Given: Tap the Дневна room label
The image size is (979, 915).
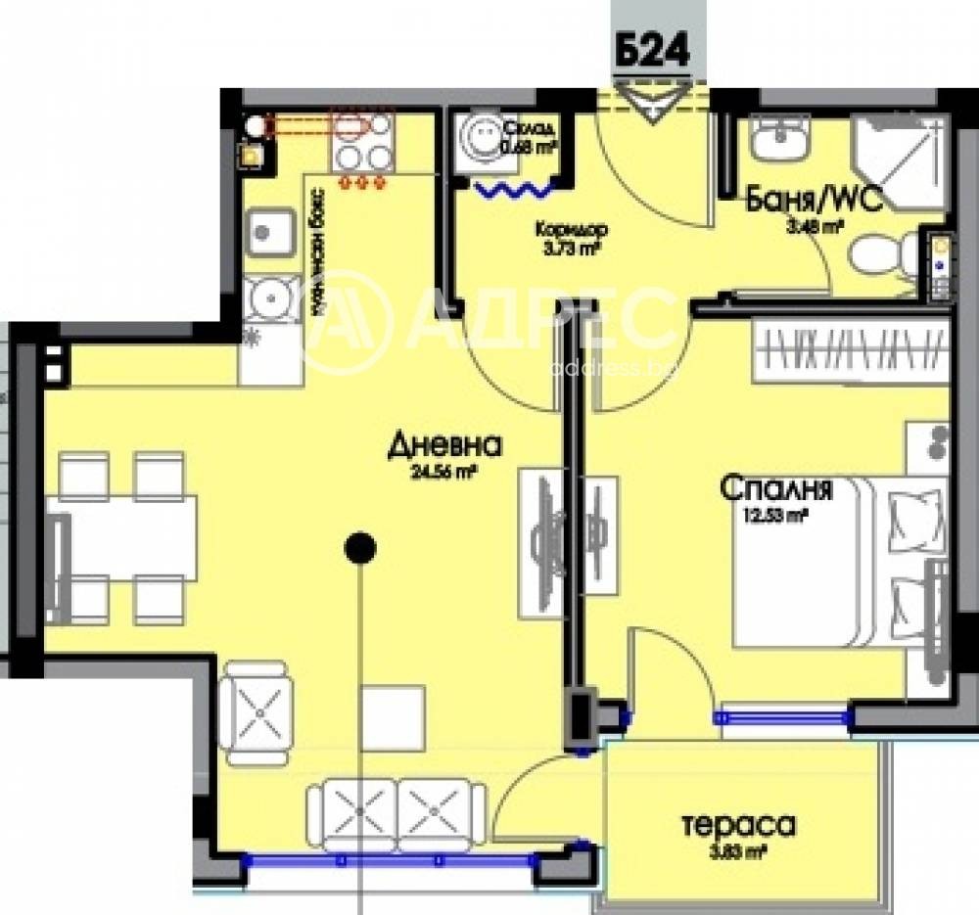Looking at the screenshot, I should [444, 446].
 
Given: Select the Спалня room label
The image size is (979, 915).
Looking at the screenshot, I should [776, 487].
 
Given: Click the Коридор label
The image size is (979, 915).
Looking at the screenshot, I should [571, 231].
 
